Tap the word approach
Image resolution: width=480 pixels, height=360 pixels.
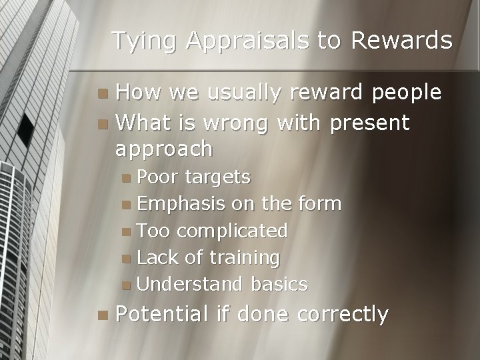pyautogui.click(x=163, y=150)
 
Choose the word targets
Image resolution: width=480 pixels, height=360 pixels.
pyautogui.click(x=218, y=178)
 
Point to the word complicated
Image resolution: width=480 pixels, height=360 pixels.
pyautogui.click(x=231, y=231)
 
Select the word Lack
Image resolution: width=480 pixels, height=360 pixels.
pyautogui.click(x=159, y=257)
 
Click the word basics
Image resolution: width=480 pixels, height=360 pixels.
pyautogui.click(x=279, y=285)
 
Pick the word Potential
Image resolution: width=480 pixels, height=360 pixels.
pyautogui.click(x=164, y=313)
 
